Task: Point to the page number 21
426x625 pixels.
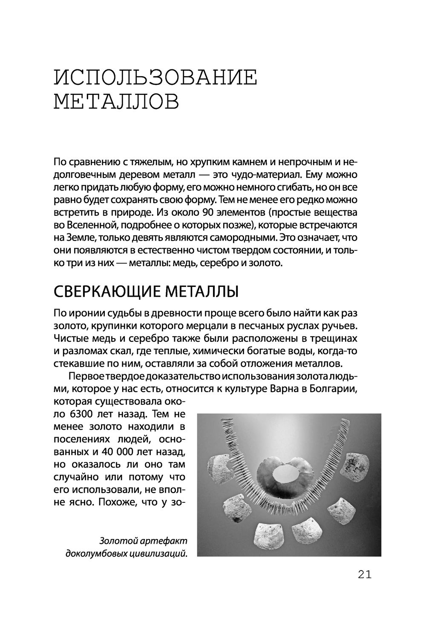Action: pos(365,575)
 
